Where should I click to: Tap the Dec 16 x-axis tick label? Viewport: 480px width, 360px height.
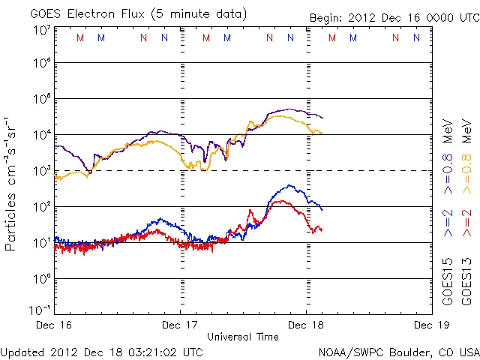pyautogui.click(x=55, y=325)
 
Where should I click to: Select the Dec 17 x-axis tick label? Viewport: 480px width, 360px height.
pyautogui.click(x=181, y=325)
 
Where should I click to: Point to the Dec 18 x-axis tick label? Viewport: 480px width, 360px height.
pyautogui.click(x=306, y=325)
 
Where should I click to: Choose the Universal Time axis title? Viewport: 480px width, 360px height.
pyautogui.click(x=243, y=337)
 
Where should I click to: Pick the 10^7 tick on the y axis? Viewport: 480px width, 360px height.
pyautogui.click(x=41, y=30)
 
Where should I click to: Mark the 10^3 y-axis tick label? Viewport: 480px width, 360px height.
pyautogui.click(x=41, y=170)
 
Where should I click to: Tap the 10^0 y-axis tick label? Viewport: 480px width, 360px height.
pyautogui.click(x=41, y=278)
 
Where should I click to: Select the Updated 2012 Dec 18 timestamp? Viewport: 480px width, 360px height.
pyautogui.click(x=101, y=352)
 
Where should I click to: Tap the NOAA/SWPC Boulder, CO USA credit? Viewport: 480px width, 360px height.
pyautogui.click(x=398, y=352)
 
